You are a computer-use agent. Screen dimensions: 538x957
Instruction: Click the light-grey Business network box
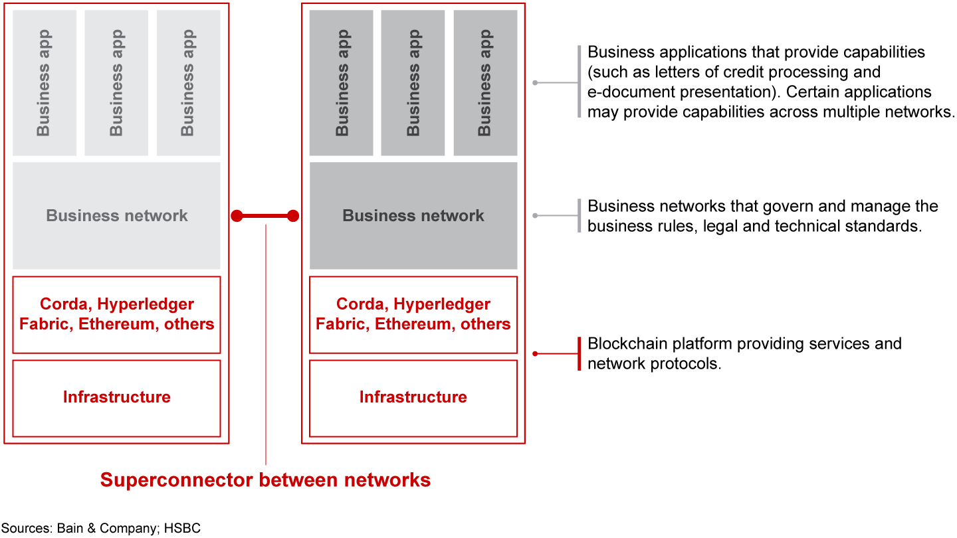point(116,216)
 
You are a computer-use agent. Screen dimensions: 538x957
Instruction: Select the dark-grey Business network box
point(413,216)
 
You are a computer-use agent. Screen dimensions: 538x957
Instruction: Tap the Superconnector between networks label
point(265,480)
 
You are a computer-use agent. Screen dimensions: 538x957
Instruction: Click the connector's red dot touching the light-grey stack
point(237,216)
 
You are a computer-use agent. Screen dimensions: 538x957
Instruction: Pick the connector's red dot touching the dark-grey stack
point(292,216)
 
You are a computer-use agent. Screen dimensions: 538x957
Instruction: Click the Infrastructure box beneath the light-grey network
point(116,397)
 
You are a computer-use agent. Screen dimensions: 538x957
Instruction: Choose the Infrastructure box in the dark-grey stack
point(413,397)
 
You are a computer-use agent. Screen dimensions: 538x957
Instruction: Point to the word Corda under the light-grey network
point(64,304)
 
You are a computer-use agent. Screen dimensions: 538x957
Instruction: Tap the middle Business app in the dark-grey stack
point(413,83)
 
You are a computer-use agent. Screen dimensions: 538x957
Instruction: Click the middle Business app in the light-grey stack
point(116,83)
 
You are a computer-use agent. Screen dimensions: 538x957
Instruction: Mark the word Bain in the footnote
point(69,529)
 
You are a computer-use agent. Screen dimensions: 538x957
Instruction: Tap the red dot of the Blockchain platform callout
point(536,353)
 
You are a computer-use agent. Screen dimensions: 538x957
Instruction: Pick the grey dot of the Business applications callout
point(536,83)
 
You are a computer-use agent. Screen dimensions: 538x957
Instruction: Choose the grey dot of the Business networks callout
point(536,216)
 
